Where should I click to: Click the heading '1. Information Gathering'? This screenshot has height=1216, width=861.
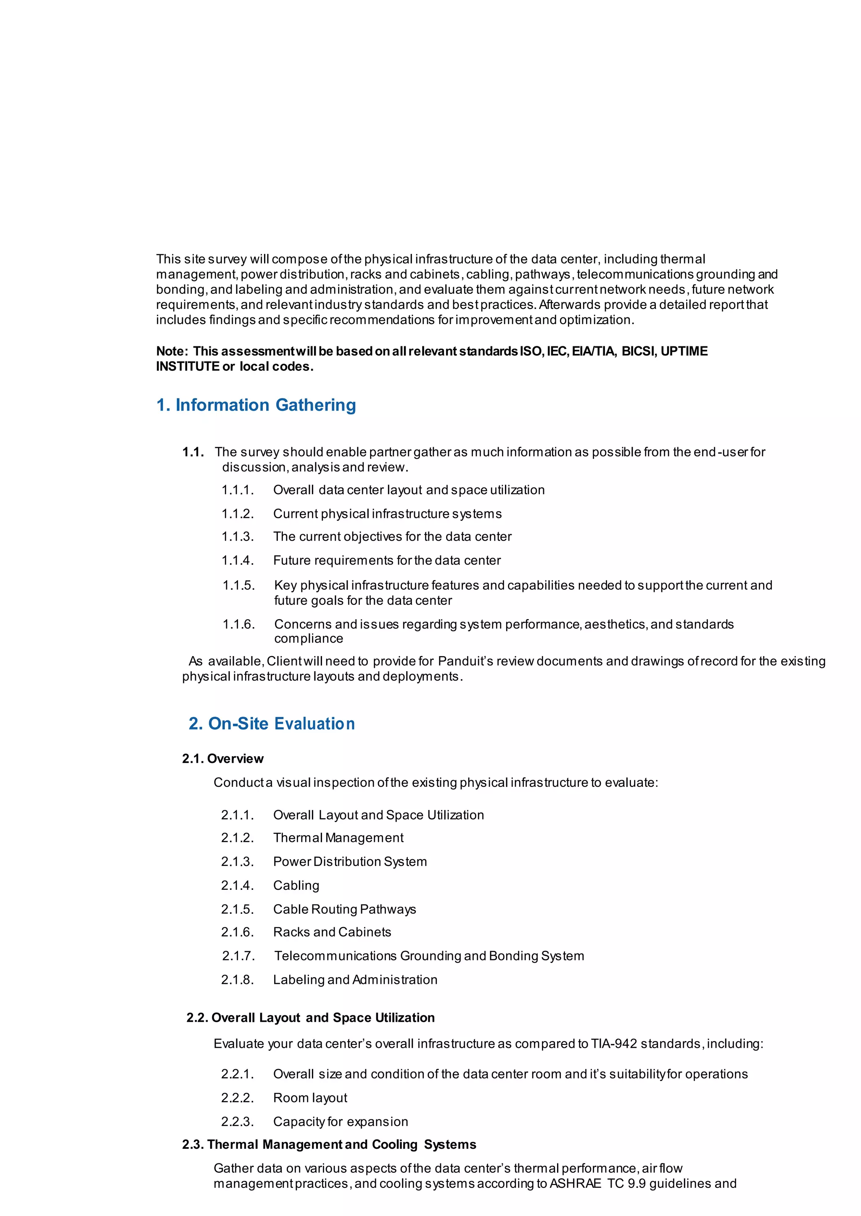(x=256, y=405)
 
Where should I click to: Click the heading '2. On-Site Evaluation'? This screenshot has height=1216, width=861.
(x=272, y=723)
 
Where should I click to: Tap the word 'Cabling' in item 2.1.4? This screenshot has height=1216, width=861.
(x=296, y=886)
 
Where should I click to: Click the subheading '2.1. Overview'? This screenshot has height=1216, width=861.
(x=223, y=759)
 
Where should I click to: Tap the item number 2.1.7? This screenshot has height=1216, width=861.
(x=238, y=956)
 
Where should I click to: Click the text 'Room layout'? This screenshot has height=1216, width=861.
(x=310, y=1098)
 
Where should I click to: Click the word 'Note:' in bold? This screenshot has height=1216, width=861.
(x=172, y=351)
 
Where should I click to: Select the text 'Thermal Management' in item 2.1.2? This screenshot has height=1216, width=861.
(x=338, y=838)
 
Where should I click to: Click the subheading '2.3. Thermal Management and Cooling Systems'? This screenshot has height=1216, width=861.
(x=329, y=1145)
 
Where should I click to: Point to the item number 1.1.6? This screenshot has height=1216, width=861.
(x=238, y=625)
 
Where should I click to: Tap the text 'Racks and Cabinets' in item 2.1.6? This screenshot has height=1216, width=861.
(x=332, y=932)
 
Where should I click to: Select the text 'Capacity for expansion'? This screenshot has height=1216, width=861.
(x=341, y=1122)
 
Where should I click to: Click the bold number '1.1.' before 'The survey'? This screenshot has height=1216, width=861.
(x=193, y=452)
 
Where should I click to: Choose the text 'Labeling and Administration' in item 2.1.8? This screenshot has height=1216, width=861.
(x=355, y=980)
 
